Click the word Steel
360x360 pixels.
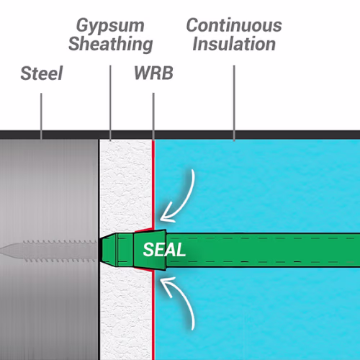click(x=42, y=73)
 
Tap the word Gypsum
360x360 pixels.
click(x=110, y=26)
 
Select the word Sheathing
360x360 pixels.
click(x=111, y=45)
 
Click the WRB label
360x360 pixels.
click(x=153, y=73)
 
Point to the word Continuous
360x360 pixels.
click(x=234, y=25)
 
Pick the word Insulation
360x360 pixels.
click(x=234, y=44)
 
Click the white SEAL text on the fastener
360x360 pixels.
click(x=164, y=250)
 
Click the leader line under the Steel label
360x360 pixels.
click(x=41, y=116)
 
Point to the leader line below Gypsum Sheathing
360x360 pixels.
click(x=110, y=103)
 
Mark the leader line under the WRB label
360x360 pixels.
click(x=153, y=117)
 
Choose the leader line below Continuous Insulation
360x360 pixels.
click(x=234, y=103)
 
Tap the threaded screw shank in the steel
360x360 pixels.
click(x=60, y=251)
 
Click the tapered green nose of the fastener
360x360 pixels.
click(x=108, y=250)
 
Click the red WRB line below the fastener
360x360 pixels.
click(x=153, y=315)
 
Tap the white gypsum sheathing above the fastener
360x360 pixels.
click(x=126, y=186)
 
